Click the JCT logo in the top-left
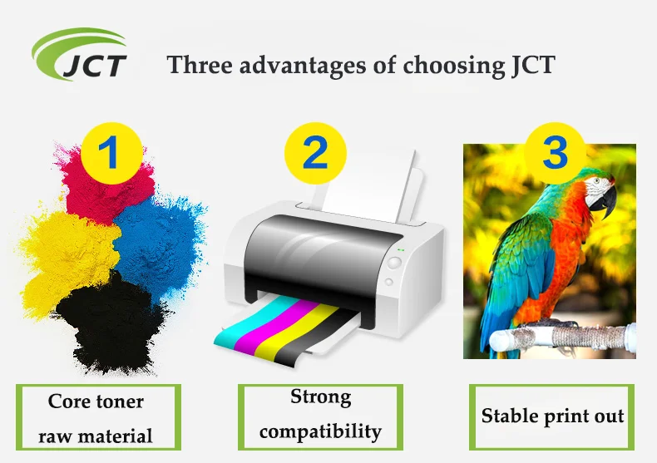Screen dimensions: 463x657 click(80, 56)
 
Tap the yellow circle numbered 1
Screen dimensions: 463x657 click(109, 154)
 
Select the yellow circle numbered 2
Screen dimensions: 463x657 click(315, 154)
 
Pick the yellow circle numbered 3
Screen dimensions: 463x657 click(555, 152)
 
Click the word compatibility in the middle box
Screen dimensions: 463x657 click(320, 431)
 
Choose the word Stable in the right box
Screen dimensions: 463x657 click(510, 416)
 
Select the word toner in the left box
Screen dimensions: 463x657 click(117, 401)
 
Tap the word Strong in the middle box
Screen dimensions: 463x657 click(320, 397)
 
